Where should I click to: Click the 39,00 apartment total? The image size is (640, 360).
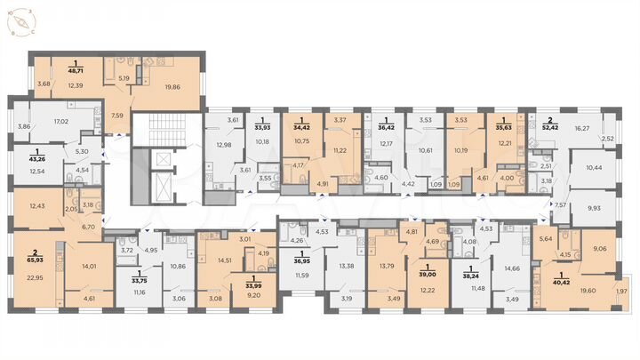[x=428, y=276]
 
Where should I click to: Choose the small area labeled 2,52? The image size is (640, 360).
[x=608, y=139]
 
